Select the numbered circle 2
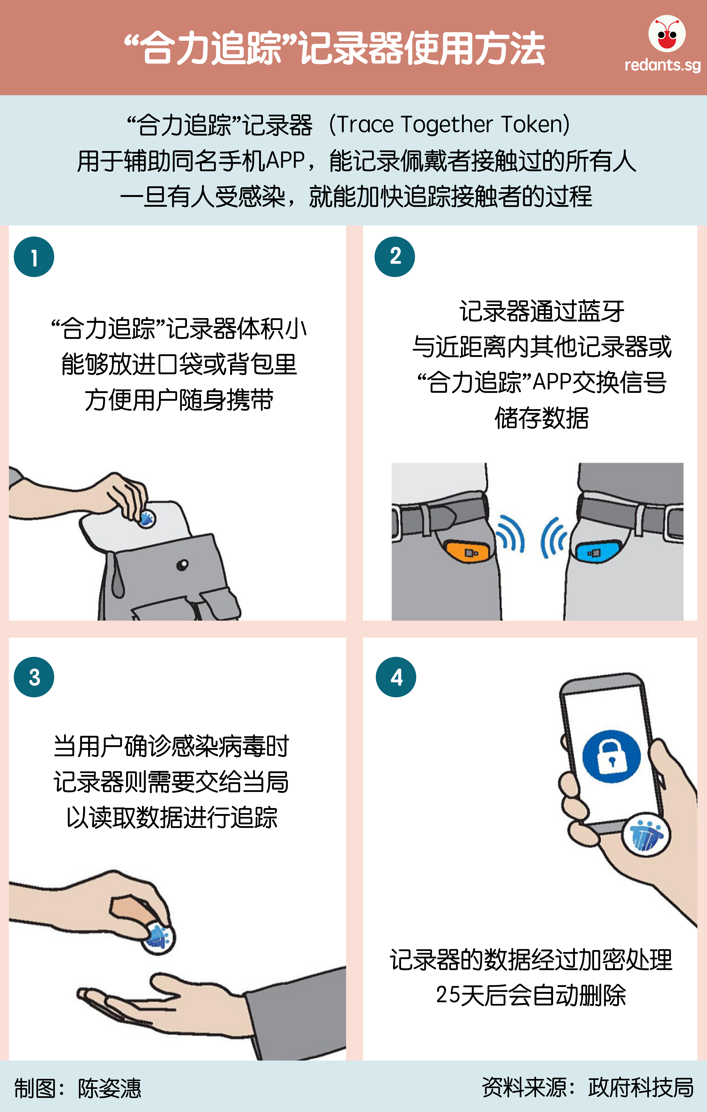[x=395, y=257]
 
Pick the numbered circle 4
[x=396, y=677]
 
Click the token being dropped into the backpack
[x=147, y=519]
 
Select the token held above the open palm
[x=158, y=937]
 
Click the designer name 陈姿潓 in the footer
[x=109, y=1088]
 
